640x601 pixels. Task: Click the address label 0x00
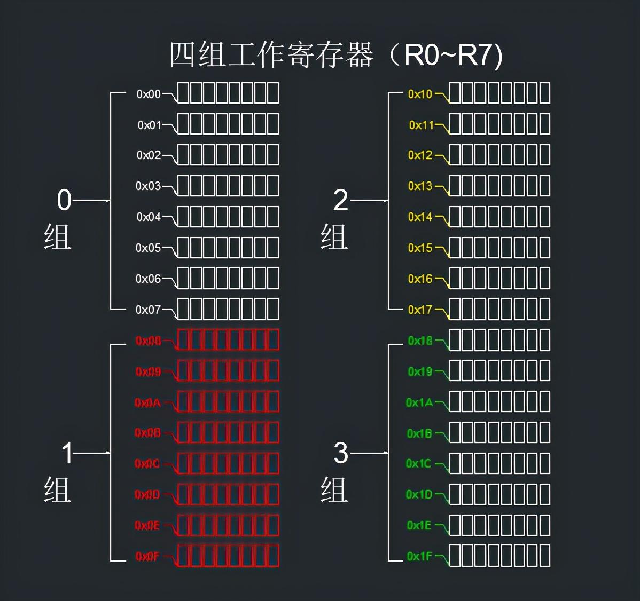(x=149, y=94)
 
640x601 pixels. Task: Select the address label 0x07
(x=148, y=310)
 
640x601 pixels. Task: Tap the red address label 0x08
(x=148, y=341)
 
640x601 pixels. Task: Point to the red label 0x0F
(x=147, y=557)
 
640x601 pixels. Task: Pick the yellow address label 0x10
(x=420, y=94)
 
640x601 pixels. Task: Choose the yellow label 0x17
(x=420, y=310)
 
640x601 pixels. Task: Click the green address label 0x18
(x=420, y=341)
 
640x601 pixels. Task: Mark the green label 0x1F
(x=419, y=556)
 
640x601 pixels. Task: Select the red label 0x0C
(x=147, y=464)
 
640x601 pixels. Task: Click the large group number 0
(x=64, y=200)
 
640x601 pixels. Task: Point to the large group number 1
(x=67, y=453)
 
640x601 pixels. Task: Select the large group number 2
(x=340, y=201)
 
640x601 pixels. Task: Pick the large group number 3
(x=341, y=453)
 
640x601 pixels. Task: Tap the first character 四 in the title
(x=182, y=55)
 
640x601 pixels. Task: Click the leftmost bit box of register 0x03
(x=183, y=186)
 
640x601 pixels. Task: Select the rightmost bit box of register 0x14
(x=544, y=217)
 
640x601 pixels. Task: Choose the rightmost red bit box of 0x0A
(x=272, y=402)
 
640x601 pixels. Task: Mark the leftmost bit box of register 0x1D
(x=455, y=495)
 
